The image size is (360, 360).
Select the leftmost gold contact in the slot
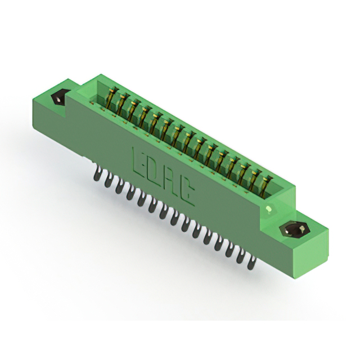pos(112,99)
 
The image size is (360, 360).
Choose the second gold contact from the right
pos(255,179)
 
